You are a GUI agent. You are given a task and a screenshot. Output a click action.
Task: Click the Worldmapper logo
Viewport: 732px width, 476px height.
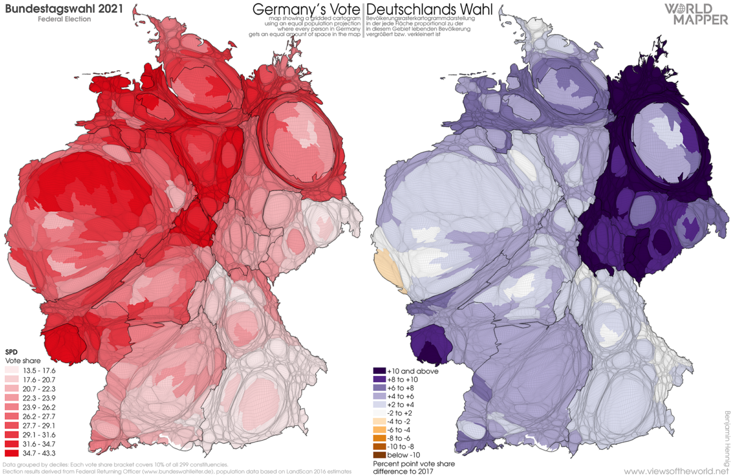[695, 13]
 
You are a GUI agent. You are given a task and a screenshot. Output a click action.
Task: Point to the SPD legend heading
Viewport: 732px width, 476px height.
[11, 353]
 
